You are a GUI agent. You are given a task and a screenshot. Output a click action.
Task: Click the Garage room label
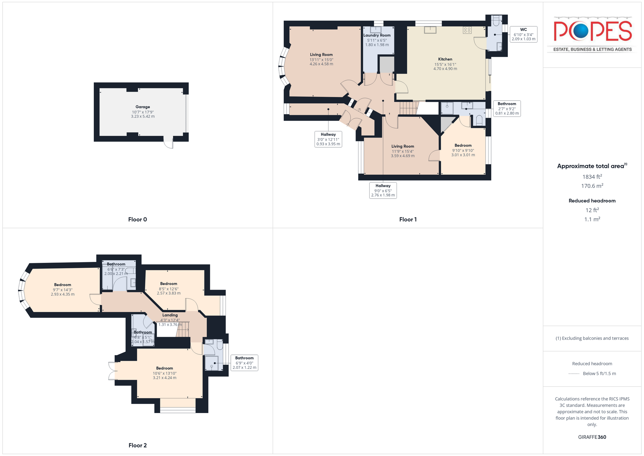click(x=143, y=107)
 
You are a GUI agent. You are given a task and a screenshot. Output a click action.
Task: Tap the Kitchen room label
click(x=445, y=59)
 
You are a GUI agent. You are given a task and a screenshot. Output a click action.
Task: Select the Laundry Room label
click(x=377, y=35)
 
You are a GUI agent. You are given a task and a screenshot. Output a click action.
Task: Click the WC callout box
click(x=523, y=34)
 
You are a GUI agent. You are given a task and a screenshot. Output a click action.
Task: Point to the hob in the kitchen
click(x=467, y=30)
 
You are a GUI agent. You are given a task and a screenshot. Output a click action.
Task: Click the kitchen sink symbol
click(x=430, y=30)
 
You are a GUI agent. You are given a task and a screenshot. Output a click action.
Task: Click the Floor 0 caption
click(x=137, y=219)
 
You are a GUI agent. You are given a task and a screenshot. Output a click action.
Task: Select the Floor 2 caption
click(x=138, y=445)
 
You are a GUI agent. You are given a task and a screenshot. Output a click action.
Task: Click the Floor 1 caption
click(x=408, y=219)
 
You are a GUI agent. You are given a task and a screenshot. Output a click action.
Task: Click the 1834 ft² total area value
click(x=592, y=177)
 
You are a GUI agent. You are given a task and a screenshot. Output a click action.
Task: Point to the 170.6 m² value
click(x=592, y=186)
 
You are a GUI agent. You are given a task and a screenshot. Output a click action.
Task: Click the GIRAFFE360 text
click(x=592, y=437)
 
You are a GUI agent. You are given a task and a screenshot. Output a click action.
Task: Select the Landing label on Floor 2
click(x=170, y=315)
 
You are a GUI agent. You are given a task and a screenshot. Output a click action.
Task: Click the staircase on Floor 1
click(x=408, y=108)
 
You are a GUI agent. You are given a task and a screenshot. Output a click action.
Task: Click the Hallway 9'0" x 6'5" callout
click(x=383, y=190)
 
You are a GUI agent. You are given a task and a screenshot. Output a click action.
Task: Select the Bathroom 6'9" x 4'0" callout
click(x=244, y=363)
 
